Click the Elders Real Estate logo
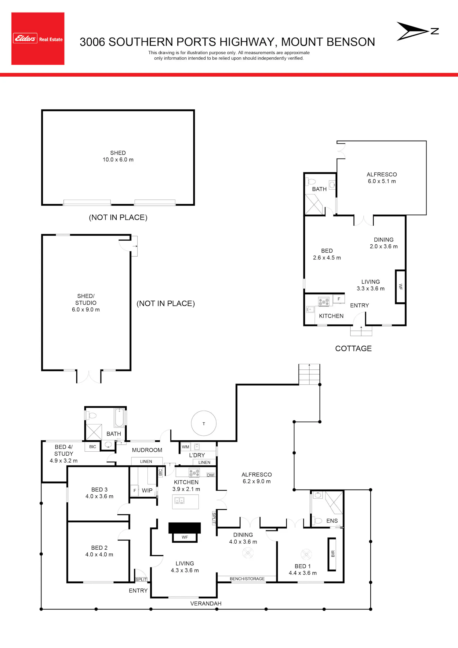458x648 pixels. coord(38,38)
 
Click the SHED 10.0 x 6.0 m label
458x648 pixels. coord(118,156)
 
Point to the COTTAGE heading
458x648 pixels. coord(353,348)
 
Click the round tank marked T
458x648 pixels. coord(204,423)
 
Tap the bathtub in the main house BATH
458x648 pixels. coord(119,417)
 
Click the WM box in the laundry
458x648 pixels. coord(186,447)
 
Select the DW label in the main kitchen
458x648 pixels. coord(210,475)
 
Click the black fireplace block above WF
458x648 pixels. coord(185,528)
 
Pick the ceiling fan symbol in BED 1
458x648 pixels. coord(306,554)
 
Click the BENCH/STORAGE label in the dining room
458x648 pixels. coord(247,579)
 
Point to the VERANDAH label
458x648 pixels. coord(206,603)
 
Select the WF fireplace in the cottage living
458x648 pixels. coord(400,286)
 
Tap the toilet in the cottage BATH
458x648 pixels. coord(310,182)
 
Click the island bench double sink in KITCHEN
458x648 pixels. coord(179,500)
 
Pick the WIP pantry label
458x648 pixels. coord(147,490)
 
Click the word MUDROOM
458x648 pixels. coord(147,450)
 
